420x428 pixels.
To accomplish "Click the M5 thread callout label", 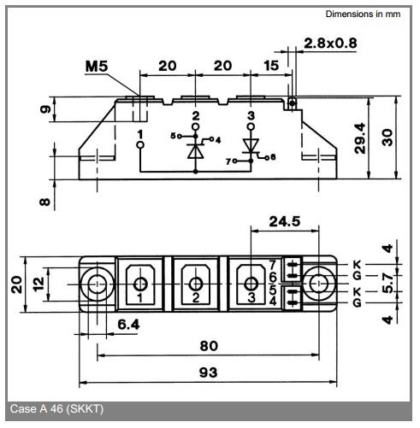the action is (97, 66).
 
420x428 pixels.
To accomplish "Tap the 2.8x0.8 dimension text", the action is (330, 44).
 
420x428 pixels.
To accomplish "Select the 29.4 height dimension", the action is (360, 138).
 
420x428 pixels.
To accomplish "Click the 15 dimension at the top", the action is (271, 66).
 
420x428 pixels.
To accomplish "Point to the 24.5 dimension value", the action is (285, 221).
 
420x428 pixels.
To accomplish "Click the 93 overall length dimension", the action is (208, 372).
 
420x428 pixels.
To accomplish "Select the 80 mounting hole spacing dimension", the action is (209, 346).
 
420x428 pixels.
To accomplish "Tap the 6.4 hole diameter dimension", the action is (128, 325).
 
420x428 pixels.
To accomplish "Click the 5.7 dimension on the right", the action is (387, 283).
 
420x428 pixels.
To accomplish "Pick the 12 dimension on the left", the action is (38, 284).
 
